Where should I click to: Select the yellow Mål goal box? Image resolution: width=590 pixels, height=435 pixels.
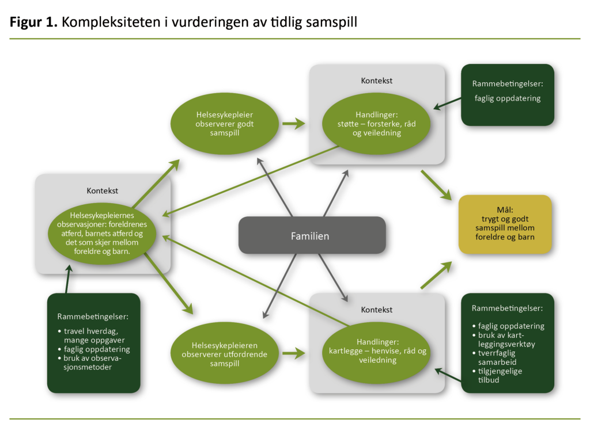[505, 225]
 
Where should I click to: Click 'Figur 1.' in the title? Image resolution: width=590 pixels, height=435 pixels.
[33, 22]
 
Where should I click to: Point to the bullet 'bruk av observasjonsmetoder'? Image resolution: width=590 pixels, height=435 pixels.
[96, 362]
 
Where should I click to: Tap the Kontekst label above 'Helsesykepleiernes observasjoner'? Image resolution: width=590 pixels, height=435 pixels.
[103, 190]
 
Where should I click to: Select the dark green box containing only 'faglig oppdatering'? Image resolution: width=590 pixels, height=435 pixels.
[507, 94]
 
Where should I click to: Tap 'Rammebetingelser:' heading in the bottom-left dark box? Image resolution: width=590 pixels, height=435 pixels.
[92, 316]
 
